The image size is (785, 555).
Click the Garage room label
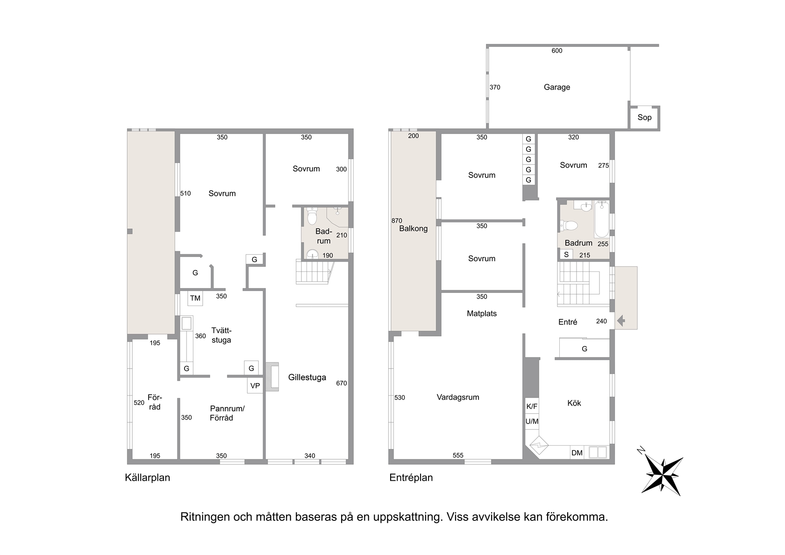point(557,87)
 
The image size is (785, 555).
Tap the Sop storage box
point(644,118)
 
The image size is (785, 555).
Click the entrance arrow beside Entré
point(621,320)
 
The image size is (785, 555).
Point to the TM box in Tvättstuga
point(195,298)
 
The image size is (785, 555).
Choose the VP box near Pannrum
point(255,386)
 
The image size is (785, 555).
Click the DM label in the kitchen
point(577,453)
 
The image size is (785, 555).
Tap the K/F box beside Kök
point(532,406)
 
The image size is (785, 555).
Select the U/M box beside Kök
point(532,421)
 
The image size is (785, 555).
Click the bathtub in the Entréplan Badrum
point(602,219)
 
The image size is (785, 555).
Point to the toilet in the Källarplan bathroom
point(312,216)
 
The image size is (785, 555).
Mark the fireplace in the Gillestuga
point(273,377)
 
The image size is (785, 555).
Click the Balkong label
point(414,229)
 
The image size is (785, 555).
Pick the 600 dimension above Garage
point(557,51)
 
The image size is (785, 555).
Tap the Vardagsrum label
point(458,397)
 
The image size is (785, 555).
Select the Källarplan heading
point(148,477)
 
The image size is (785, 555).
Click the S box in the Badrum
point(566,254)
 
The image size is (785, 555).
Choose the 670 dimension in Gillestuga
point(341,383)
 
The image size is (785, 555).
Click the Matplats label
point(481,313)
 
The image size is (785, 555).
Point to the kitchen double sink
point(598,452)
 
